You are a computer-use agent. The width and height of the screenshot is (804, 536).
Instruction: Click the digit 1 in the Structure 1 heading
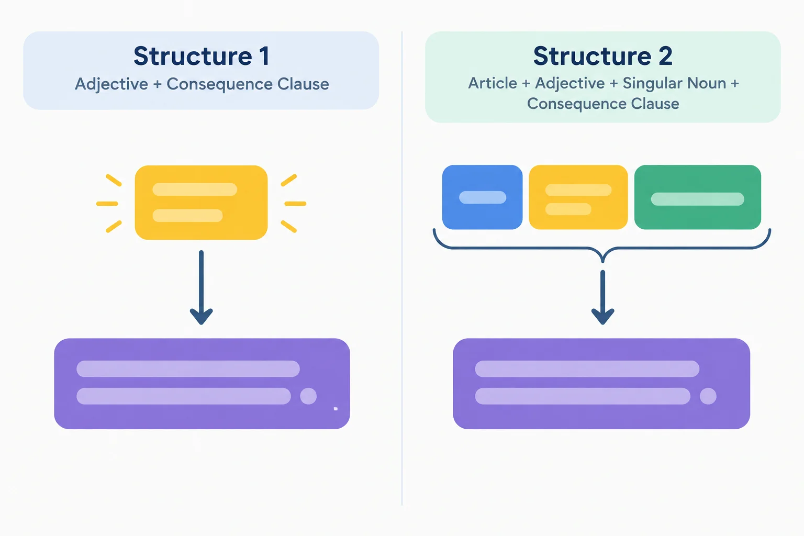pyautogui.click(x=264, y=56)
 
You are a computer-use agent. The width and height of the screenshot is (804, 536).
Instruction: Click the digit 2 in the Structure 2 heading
pyautogui.click(x=665, y=56)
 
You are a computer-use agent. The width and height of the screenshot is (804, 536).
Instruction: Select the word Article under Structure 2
pyautogui.click(x=493, y=83)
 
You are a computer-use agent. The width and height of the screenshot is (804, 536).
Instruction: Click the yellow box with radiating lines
pyautogui.click(x=201, y=203)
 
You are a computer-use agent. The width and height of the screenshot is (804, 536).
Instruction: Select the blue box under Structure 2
pyautogui.click(x=482, y=197)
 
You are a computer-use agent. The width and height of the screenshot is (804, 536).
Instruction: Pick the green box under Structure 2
pyautogui.click(x=697, y=197)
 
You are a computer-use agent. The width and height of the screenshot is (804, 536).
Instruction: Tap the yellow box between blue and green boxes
pyautogui.click(x=578, y=197)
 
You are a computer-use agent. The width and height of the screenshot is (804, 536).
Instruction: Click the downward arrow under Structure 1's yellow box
pyautogui.click(x=201, y=287)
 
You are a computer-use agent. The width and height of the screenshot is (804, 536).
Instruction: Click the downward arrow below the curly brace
pyautogui.click(x=602, y=297)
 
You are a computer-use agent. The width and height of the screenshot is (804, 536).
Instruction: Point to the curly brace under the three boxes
pyautogui.click(x=602, y=248)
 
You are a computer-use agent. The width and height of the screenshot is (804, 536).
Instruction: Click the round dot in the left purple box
pyautogui.click(x=308, y=396)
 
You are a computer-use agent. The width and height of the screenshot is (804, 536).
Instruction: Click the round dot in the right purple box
pyautogui.click(x=708, y=396)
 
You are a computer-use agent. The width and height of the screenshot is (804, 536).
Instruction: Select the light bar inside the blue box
pyautogui.click(x=483, y=197)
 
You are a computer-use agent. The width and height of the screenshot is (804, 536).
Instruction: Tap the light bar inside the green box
pyautogui.click(x=697, y=199)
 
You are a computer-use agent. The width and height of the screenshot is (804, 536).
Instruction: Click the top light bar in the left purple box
pyautogui.click(x=188, y=368)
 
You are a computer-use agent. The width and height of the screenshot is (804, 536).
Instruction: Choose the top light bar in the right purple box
pyautogui.click(x=587, y=368)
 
